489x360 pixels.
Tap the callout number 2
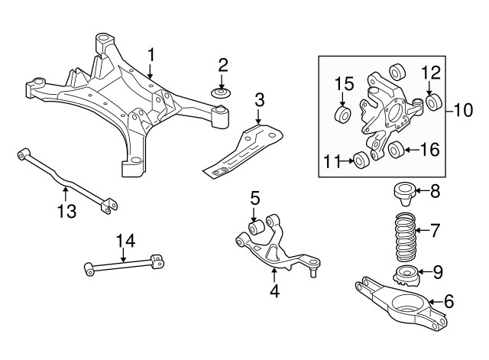pyautogui.click(x=222, y=63)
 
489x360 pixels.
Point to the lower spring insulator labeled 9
pyautogui.click(x=405, y=276)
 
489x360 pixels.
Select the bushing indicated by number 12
pyautogui.click(x=434, y=102)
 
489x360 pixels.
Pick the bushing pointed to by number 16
pyautogui.click(x=396, y=150)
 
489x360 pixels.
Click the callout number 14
pyautogui.click(x=125, y=242)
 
